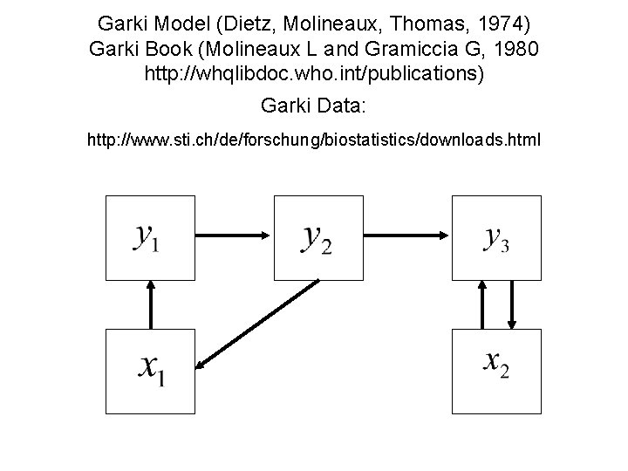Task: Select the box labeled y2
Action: tap(316, 236)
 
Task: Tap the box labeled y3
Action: tap(495, 236)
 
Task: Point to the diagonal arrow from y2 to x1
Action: tap(258, 323)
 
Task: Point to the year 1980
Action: tap(515, 48)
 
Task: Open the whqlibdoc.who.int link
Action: tap(313, 75)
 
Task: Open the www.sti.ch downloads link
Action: tap(314, 139)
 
